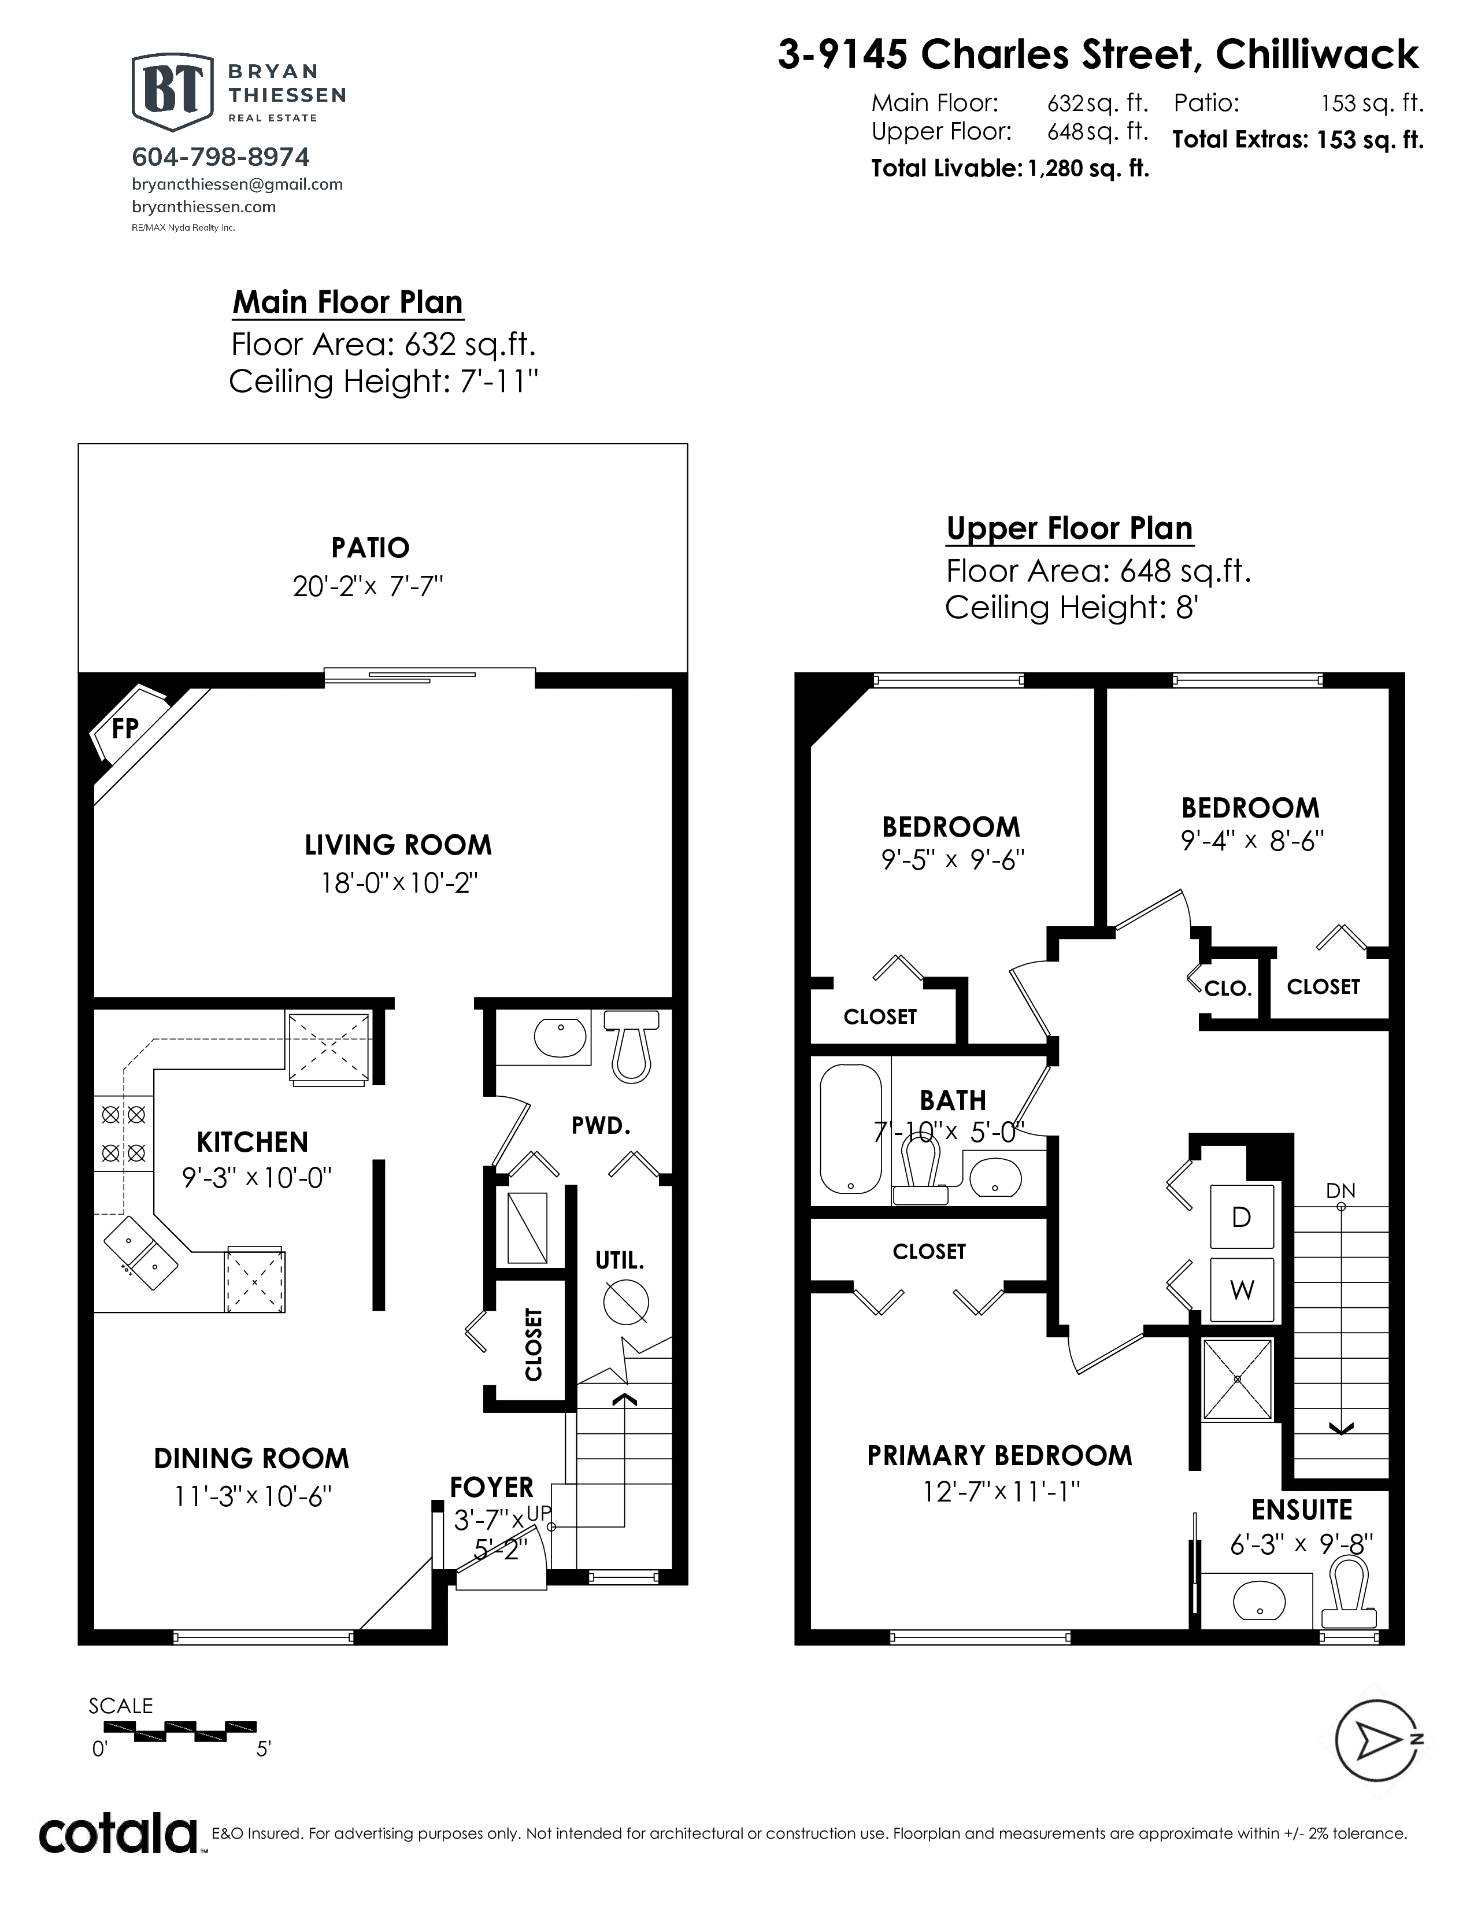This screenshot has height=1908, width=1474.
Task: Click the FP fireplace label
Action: tap(125, 728)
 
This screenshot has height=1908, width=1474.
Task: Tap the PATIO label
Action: tap(371, 548)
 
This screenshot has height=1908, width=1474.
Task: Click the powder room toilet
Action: tap(631, 1045)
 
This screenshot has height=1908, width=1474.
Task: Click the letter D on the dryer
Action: tap(1241, 1217)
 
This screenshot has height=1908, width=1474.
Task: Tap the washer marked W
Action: tap(1242, 1289)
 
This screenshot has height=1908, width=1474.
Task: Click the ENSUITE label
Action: tap(1302, 1510)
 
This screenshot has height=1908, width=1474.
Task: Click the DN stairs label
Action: tap(1340, 1190)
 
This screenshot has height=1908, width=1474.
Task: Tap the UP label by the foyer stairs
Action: tap(539, 1513)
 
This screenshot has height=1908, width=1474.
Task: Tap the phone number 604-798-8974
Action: tap(221, 157)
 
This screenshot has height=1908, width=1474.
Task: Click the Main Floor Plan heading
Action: tap(347, 302)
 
